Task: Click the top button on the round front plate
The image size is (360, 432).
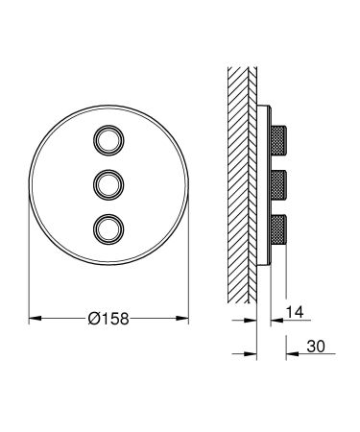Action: [x=108, y=139]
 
